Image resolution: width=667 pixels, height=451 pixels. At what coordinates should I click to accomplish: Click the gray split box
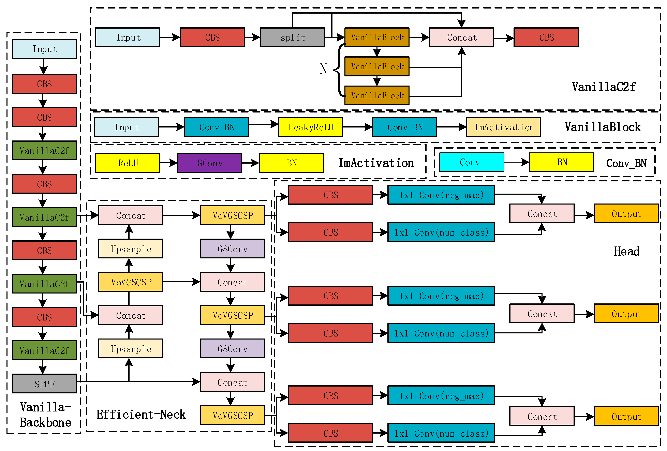pos(292,37)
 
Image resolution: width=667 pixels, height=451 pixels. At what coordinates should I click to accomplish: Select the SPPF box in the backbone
pos(44,384)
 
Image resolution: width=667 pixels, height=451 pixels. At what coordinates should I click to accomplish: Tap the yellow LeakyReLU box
pos(311,127)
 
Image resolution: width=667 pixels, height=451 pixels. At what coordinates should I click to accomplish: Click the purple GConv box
pos(209,163)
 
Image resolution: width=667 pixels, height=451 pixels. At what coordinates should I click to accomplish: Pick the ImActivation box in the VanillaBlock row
pos(503,127)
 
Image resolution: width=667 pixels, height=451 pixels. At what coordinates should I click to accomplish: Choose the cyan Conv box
pos(472,162)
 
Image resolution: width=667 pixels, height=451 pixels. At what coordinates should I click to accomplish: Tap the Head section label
pos(626,251)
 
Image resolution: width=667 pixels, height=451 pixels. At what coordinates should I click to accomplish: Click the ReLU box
pos(128,163)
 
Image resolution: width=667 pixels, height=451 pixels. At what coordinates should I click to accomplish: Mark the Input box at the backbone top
pos(44,49)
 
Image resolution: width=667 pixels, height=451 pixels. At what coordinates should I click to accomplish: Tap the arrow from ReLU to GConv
pos(168,163)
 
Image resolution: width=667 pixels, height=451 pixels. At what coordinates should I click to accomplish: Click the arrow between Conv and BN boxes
pos(516,162)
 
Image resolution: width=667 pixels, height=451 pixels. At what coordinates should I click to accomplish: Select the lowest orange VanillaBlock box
pos(377,95)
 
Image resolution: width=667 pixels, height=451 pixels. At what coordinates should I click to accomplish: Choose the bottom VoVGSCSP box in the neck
pos(232,415)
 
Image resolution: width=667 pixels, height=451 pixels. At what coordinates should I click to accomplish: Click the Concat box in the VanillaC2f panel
pos(461,37)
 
